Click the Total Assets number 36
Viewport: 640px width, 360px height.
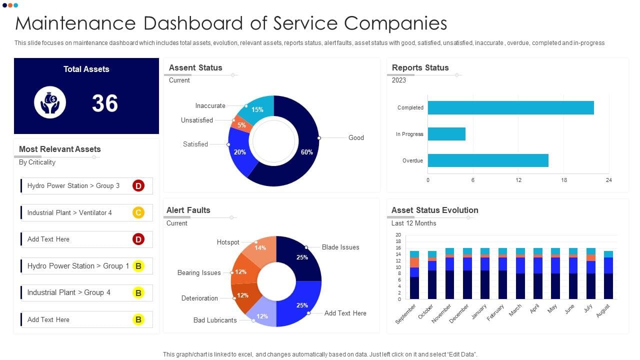click(x=105, y=103)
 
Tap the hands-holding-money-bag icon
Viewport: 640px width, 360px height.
click(x=50, y=102)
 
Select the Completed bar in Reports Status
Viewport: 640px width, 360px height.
click(x=510, y=107)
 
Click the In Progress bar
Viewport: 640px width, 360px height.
click(x=446, y=134)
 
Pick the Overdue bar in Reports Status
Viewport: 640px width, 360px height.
click(x=488, y=160)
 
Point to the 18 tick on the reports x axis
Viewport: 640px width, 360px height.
click(x=563, y=180)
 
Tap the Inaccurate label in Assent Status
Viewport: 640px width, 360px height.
click(x=210, y=106)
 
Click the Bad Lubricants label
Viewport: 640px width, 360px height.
click(x=215, y=320)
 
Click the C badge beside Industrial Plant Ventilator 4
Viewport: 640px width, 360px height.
click(x=138, y=212)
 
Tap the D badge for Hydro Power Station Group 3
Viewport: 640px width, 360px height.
click(x=138, y=186)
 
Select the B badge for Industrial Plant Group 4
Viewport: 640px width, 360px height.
click(x=138, y=292)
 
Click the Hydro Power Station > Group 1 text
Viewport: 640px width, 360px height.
click(x=78, y=266)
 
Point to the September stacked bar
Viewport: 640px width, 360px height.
click(x=414, y=277)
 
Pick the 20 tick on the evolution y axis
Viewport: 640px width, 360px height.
click(x=398, y=235)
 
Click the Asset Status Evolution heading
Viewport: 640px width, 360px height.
click(x=434, y=210)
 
